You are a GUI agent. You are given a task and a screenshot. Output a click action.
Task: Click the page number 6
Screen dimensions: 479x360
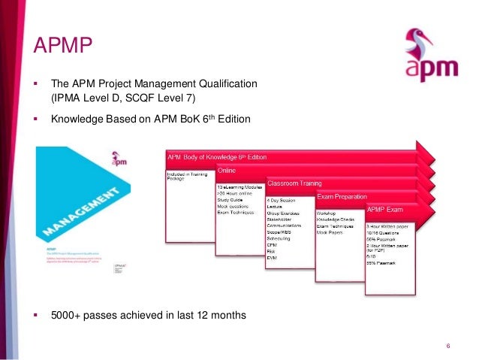pos(447,346)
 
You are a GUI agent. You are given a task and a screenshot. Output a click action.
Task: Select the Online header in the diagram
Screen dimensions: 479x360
pos(227,170)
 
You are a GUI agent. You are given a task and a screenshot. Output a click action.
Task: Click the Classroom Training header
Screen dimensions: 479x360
pos(294,183)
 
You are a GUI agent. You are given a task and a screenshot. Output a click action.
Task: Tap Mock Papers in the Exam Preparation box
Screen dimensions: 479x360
pos(332,232)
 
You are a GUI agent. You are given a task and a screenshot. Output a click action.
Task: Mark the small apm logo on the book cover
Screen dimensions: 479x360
pos(96,160)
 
